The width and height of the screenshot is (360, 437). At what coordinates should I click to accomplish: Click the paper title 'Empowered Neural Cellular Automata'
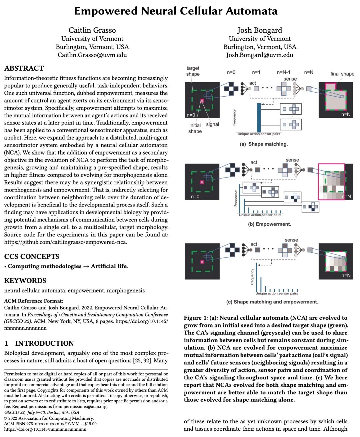[176, 11]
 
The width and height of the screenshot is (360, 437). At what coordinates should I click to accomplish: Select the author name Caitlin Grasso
[92, 30]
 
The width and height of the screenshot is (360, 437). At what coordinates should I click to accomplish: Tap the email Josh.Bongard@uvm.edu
[259, 55]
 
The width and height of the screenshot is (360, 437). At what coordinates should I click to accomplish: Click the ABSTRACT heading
[24, 68]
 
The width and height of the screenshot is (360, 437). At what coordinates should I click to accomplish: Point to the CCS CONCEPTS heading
[32, 256]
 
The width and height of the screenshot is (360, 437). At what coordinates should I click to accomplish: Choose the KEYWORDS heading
[25, 280]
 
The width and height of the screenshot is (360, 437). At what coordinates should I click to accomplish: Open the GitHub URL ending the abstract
[65, 242]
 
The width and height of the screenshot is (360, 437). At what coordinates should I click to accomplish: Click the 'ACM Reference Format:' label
[34, 301]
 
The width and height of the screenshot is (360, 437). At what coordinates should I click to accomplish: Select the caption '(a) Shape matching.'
[264, 144]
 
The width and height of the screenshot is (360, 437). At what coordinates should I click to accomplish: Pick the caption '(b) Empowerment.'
[269, 224]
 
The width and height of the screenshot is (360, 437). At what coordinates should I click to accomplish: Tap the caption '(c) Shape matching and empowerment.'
[272, 302]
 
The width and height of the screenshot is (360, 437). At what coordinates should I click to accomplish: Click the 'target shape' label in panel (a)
[193, 71]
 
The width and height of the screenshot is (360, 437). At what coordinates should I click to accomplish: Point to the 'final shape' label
[342, 74]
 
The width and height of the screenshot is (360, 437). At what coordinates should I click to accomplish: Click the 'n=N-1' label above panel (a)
[284, 72]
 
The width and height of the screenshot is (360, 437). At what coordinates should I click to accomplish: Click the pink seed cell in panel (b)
[202, 182]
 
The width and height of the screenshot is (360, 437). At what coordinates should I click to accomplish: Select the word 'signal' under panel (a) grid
[212, 124]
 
